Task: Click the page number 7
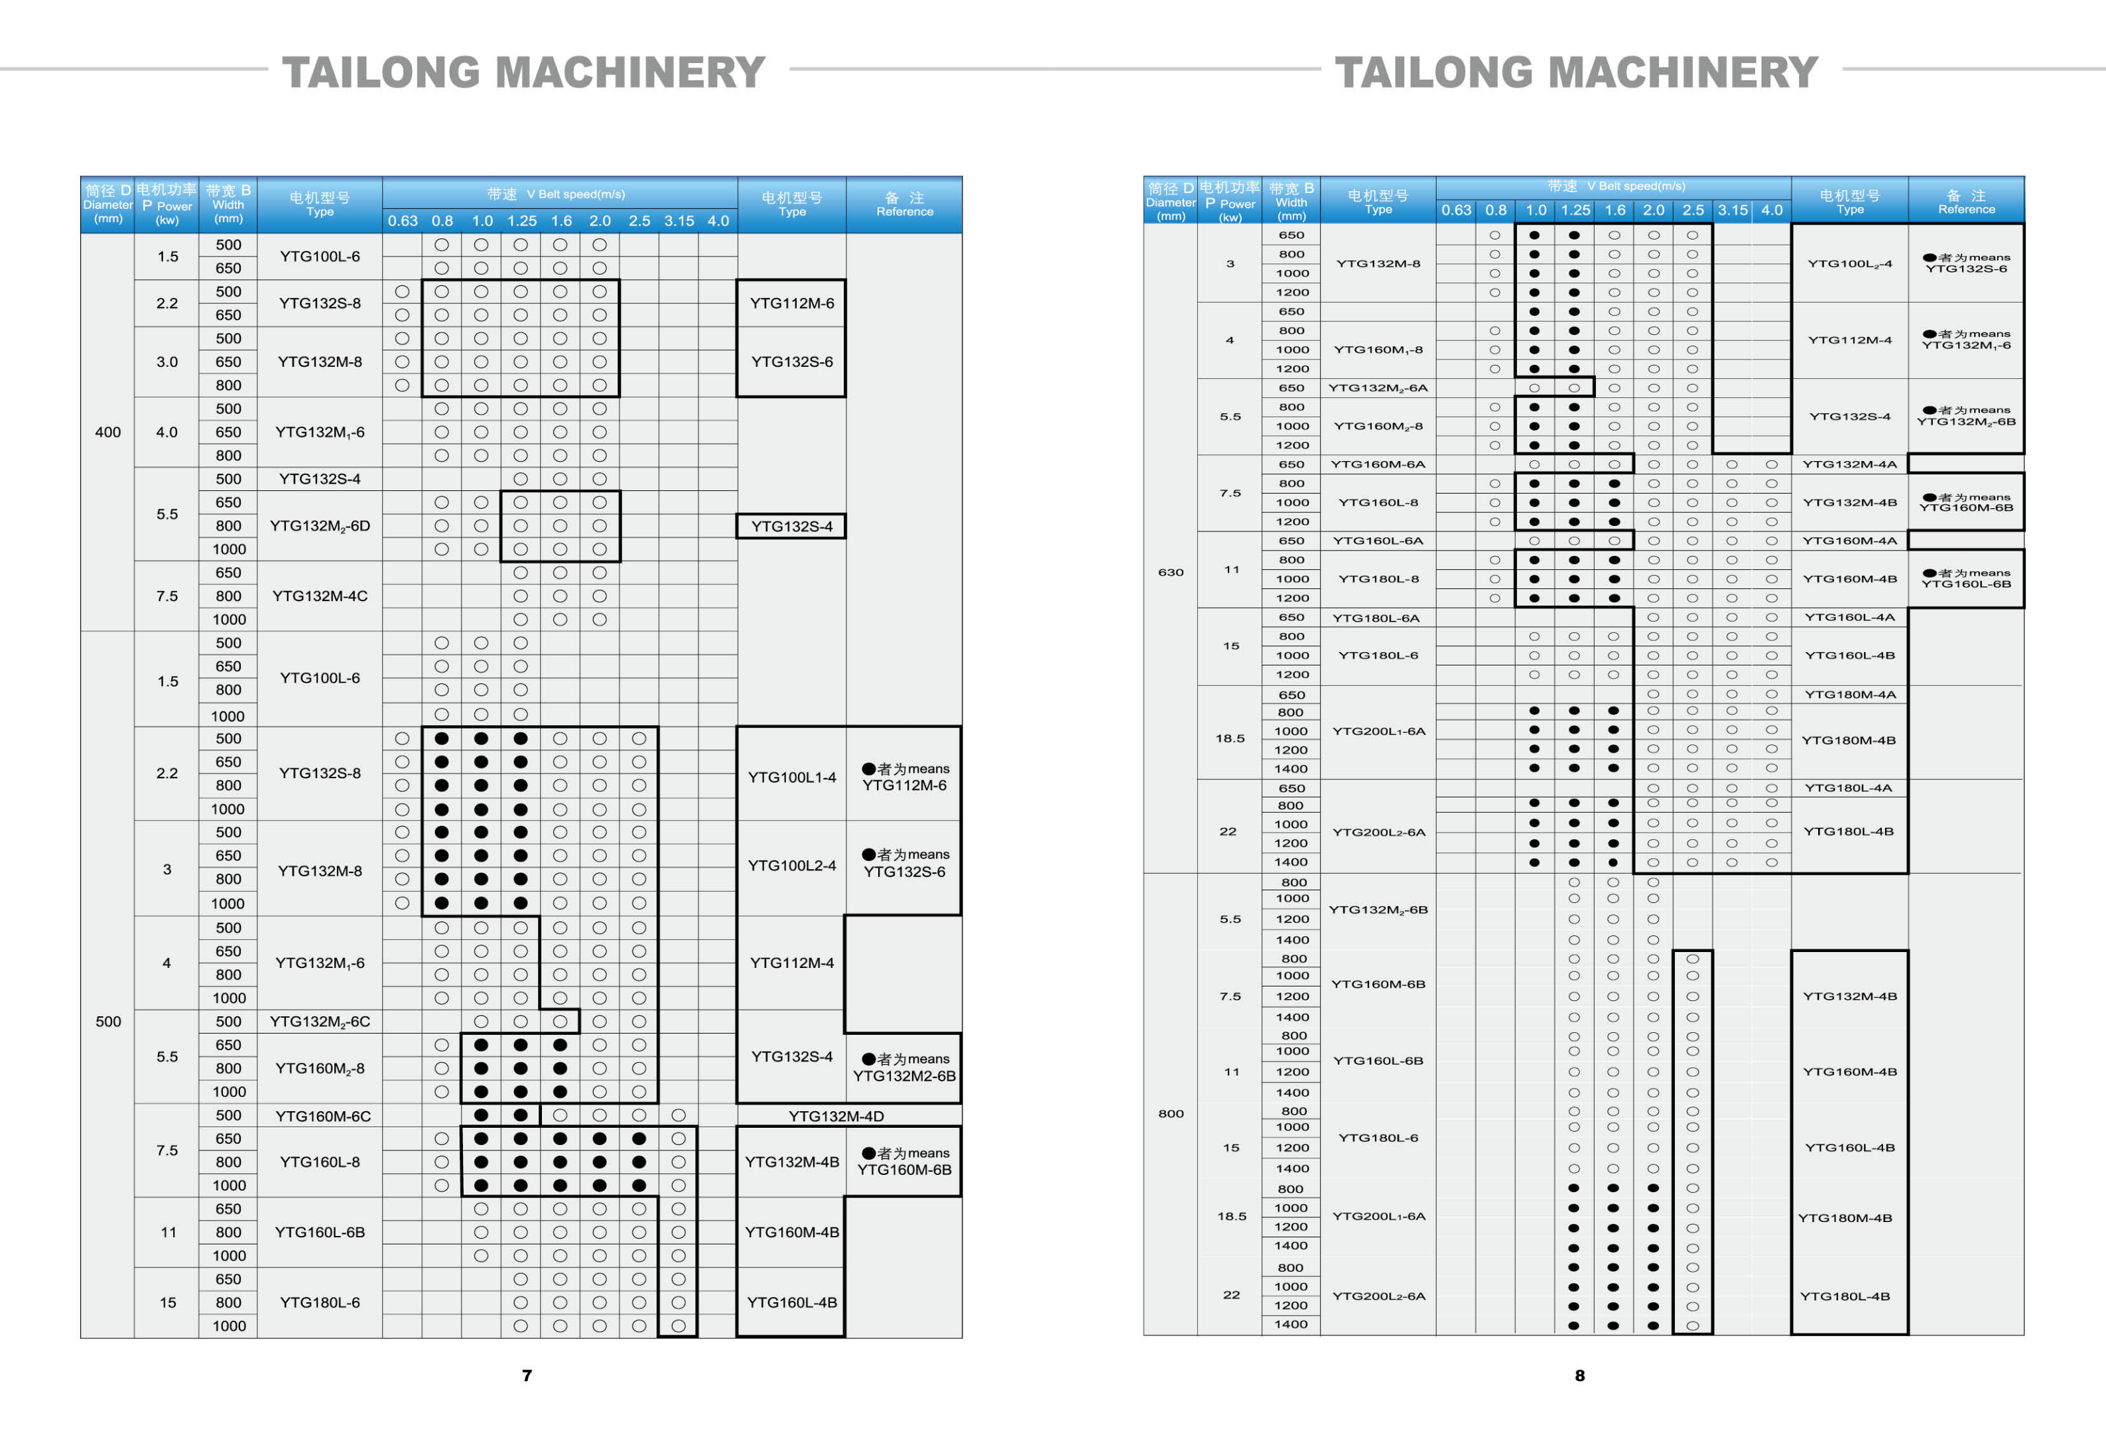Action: [527, 1375]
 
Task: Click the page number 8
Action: [1579, 1375]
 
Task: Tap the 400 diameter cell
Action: [108, 433]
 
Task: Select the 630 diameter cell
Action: [1170, 572]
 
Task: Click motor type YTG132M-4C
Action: [320, 596]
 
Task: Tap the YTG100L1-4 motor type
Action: [791, 777]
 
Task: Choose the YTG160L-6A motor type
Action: [1378, 541]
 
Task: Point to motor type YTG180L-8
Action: [1378, 579]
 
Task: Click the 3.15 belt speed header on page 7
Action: [679, 220]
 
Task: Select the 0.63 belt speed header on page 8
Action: [1455, 210]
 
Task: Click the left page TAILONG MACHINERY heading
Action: [524, 72]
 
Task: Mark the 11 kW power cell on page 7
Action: [168, 1233]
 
